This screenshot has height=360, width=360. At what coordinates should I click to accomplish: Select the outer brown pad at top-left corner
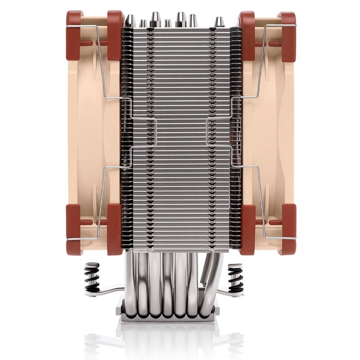click(x=74, y=36)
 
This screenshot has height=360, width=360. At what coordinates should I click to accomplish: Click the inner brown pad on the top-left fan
click(x=115, y=36)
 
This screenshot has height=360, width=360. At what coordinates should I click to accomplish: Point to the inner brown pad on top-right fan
click(x=247, y=36)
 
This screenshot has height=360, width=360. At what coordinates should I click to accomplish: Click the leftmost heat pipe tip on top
click(x=130, y=20)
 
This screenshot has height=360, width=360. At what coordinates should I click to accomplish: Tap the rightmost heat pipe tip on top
click(x=219, y=22)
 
